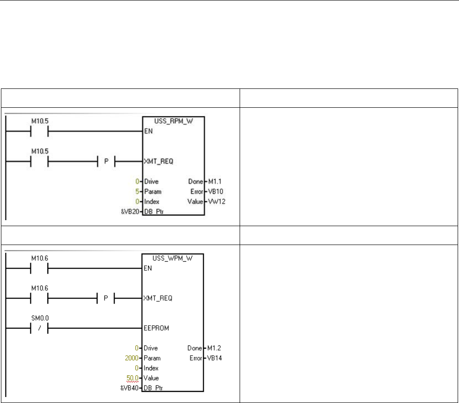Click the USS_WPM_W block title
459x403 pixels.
pos(173,258)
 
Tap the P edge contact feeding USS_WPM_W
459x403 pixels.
pos(106,298)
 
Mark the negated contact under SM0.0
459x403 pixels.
pos(39,328)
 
